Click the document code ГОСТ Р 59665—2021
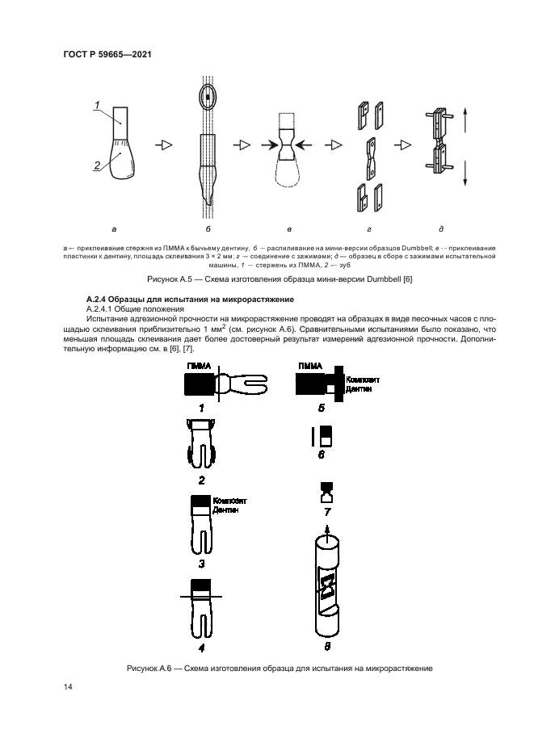tap(108, 54)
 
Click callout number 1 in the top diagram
tap(97, 104)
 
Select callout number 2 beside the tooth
tap(95, 166)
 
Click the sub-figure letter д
tap(441, 228)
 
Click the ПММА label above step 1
tap(200, 366)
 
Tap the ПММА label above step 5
tap(309, 366)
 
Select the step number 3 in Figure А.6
tap(201, 564)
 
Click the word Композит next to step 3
tap(228, 501)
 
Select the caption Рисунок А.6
tap(279, 668)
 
